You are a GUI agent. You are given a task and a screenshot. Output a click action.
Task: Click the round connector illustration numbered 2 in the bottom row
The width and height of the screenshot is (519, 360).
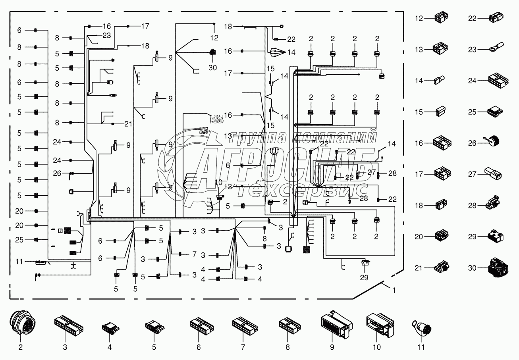point(20,324)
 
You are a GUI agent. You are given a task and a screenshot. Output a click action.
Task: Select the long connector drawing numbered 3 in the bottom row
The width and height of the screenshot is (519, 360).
point(69,325)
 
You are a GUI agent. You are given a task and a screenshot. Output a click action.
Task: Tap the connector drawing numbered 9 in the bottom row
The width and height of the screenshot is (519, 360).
point(334,326)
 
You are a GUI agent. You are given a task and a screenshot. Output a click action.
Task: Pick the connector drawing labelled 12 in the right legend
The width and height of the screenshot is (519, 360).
point(441,18)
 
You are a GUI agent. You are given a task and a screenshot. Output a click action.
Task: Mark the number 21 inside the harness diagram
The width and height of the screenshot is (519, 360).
point(127,124)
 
